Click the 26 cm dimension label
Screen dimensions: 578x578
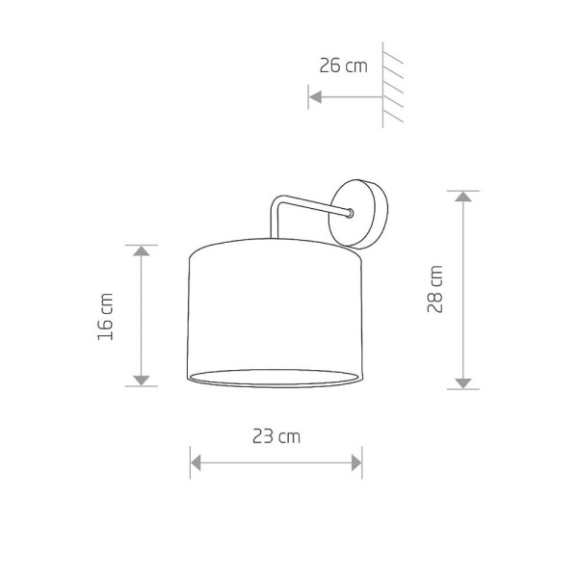click(x=343, y=66)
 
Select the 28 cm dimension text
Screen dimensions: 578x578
click(x=436, y=290)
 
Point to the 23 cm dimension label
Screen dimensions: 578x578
click(x=276, y=436)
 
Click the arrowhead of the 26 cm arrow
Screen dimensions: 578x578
click(x=314, y=96)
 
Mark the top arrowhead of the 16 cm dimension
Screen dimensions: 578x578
click(x=143, y=252)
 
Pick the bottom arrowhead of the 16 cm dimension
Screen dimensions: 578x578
click(x=143, y=379)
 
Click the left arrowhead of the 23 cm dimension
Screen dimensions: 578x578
click(x=196, y=462)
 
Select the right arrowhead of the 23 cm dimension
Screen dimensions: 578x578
click(x=355, y=462)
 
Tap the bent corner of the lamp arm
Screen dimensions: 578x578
click(x=277, y=203)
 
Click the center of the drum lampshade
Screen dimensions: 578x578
click(x=276, y=313)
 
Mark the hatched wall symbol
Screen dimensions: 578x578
click(x=393, y=87)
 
